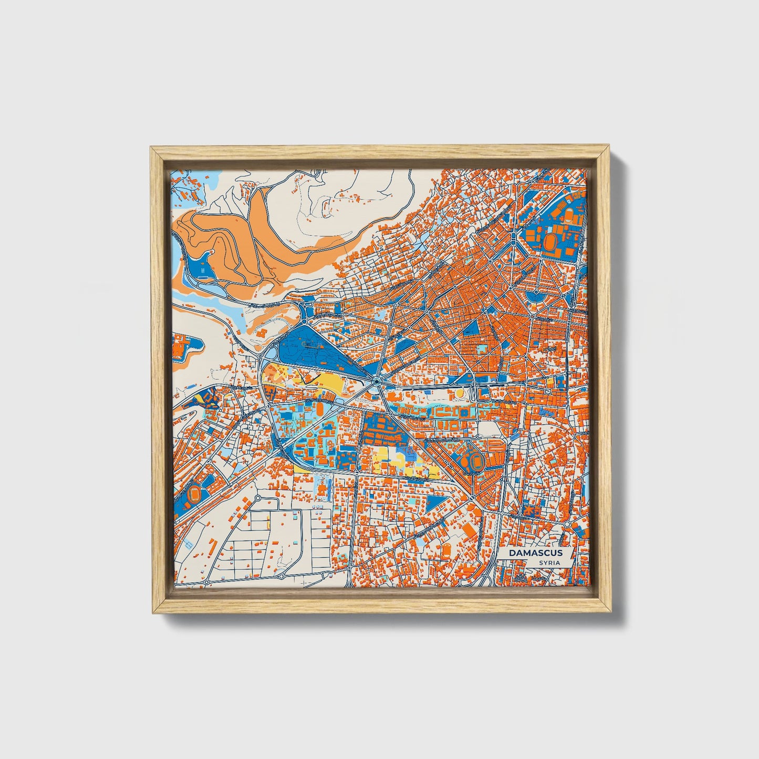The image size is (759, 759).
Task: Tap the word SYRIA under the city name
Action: click(549, 563)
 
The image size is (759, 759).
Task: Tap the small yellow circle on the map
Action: click(460, 392)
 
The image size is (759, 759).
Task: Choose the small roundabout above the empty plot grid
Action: click(258, 497)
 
